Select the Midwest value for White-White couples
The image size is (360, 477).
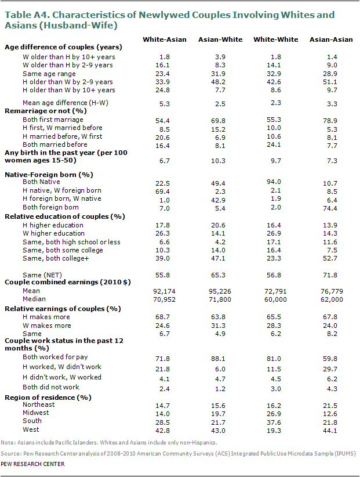pyautogui.click(x=276, y=413)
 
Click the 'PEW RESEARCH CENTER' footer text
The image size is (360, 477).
pyautogui.click(x=32, y=464)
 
